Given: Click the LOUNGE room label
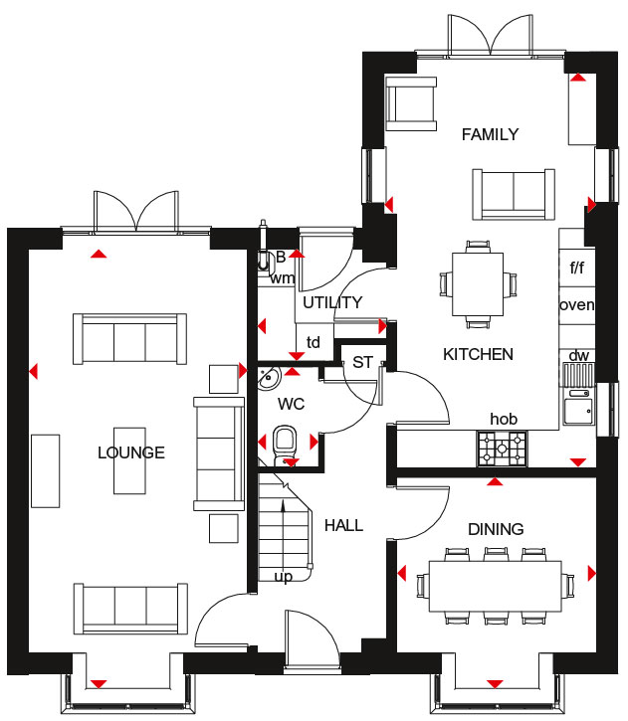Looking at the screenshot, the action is pyautogui.click(x=131, y=452).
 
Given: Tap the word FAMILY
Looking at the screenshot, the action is pyautogui.click(x=490, y=134).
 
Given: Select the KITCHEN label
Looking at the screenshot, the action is pyautogui.click(x=478, y=354).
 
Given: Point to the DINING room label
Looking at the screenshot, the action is pyautogui.click(x=496, y=529).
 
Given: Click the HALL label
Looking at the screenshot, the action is pyautogui.click(x=343, y=525).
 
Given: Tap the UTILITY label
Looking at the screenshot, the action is pyautogui.click(x=332, y=302).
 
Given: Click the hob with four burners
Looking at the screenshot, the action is pyautogui.click(x=502, y=449).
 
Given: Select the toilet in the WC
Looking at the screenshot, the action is pyautogui.click(x=285, y=445).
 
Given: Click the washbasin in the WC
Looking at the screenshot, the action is pyautogui.click(x=269, y=378).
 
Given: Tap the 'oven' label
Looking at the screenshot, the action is pyautogui.click(x=577, y=305).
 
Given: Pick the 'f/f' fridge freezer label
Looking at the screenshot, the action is pyautogui.click(x=577, y=268).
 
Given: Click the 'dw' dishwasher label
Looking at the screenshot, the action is pyautogui.click(x=579, y=355).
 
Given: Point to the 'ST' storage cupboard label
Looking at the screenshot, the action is pyautogui.click(x=362, y=362).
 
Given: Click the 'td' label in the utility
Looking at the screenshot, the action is pyautogui.click(x=314, y=342).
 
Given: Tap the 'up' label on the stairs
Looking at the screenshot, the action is pyautogui.click(x=284, y=577).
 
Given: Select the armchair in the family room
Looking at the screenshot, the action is pyautogui.click(x=411, y=103).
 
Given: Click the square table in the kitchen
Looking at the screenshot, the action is pyautogui.click(x=478, y=284).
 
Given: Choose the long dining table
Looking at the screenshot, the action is pyautogui.click(x=496, y=587).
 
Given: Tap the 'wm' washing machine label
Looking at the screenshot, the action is pyautogui.click(x=283, y=278).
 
